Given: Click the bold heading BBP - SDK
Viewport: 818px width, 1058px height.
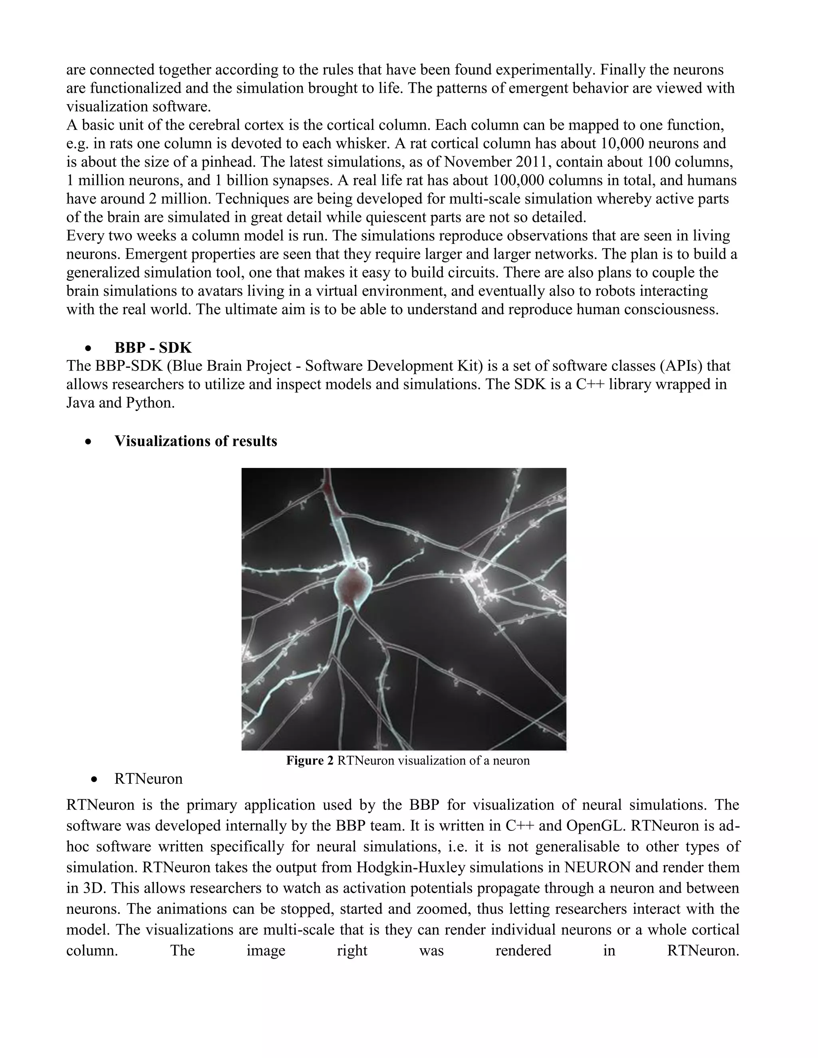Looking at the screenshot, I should point(153,348).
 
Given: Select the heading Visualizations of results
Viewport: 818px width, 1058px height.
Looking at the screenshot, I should point(196,441).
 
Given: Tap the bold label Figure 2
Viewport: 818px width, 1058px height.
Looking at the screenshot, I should point(310,761).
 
